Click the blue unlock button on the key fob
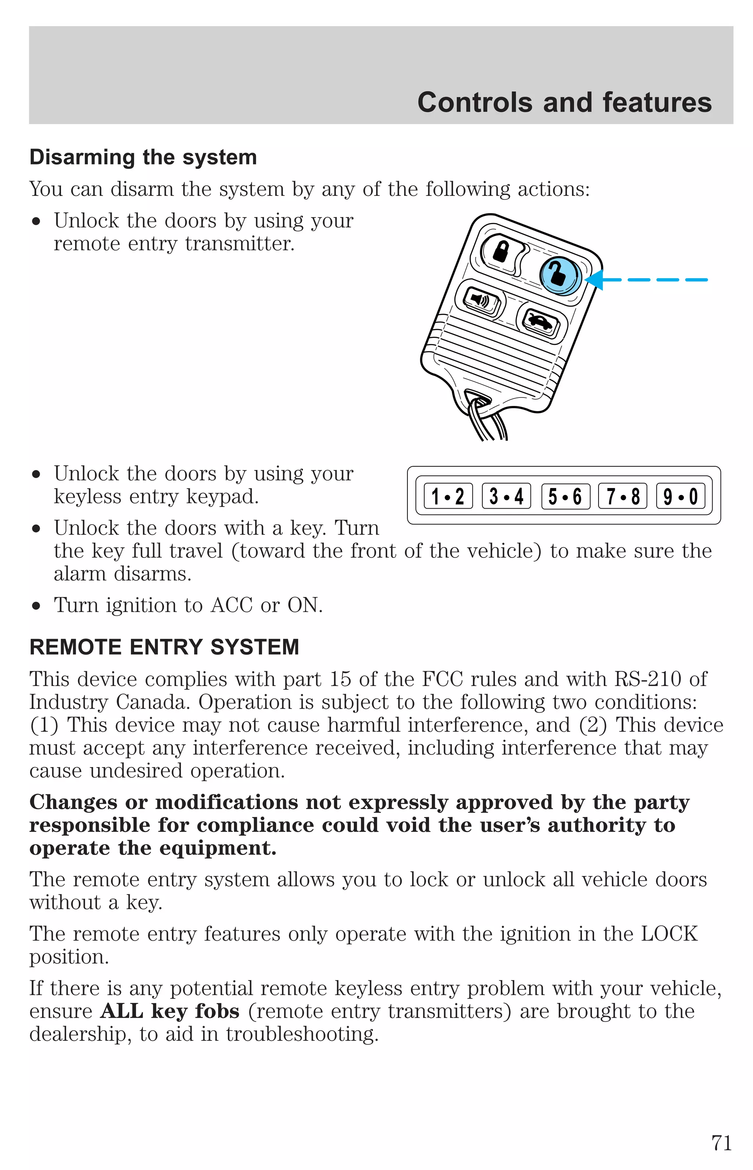pos(560,276)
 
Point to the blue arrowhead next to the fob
pos(595,280)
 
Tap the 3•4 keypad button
pos(506,496)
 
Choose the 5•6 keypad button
pos(565,496)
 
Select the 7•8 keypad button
pos(622,496)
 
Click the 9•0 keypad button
pos(680,496)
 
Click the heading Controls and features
pos(564,103)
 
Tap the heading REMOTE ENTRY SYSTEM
pos(164,647)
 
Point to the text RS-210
pos(647,679)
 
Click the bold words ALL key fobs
pos(169,1011)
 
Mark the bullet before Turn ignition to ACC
pos(36,606)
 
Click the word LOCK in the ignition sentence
pos(669,934)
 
